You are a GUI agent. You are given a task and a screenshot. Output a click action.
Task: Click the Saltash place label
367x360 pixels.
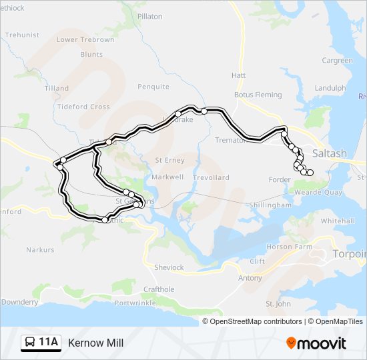pyautogui.click(x=330, y=153)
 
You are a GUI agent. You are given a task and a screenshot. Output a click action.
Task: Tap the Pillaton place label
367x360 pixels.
pyautogui.click(x=149, y=16)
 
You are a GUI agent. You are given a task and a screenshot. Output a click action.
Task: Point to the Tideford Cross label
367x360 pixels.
pyautogui.click(x=84, y=107)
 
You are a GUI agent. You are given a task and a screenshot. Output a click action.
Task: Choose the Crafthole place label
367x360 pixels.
pyautogui.click(x=159, y=289)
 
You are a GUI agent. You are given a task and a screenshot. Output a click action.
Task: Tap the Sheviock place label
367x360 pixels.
pyautogui.click(x=169, y=267)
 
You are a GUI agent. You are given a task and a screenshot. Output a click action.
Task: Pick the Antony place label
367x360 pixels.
pyautogui.click(x=250, y=278)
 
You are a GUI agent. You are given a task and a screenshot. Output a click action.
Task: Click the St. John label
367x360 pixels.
pyautogui.click(x=278, y=304)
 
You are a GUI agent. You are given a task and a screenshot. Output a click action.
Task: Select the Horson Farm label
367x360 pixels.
pyautogui.click(x=290, y=247)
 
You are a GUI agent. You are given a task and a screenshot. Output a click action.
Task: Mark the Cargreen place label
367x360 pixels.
pyautogui.click(x=337, y=61)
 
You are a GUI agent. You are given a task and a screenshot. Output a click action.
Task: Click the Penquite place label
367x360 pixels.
pyautogui.click(x=153, y=87)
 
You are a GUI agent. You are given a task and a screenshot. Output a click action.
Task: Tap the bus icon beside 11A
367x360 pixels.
pyautogui.click(x=31, y=343)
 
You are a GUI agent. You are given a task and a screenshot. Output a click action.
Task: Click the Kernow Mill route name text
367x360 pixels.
pyautogui.click(x=96, y=343)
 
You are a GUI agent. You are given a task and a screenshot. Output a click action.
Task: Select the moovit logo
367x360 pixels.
pyautogui.click(x=316, y=343)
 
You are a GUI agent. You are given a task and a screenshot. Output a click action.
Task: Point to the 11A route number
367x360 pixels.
pyautogui.click(x=49, y=343)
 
